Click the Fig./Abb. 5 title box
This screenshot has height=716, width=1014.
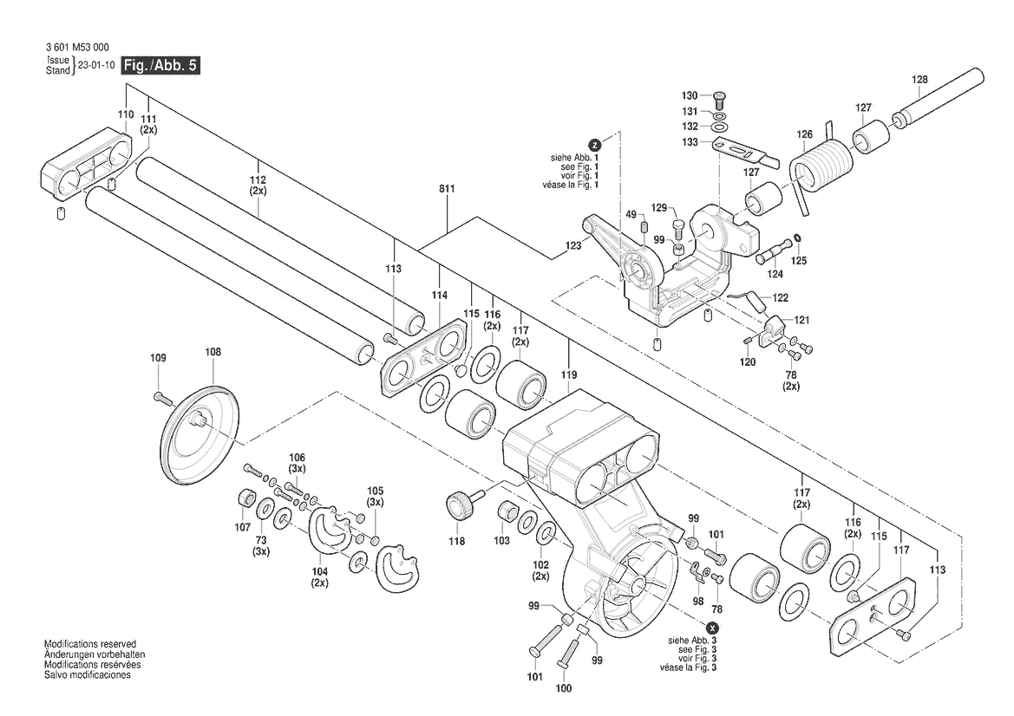[x=161, y=66]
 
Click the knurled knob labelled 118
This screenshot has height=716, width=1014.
[x=460, y=504]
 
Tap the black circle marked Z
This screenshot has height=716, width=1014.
[x=594, y=145]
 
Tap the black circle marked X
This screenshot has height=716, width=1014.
[x=713, y=627]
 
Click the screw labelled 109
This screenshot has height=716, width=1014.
[x=161, y=397]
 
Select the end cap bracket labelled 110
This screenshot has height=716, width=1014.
[x=86, y=165]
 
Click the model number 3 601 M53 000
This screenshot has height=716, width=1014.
[x=76, y=48]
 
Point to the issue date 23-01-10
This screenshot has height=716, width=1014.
[x=96, y=66]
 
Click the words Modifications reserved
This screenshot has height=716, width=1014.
[x=89, y=645]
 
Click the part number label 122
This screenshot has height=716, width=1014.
[x=780, y=298]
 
